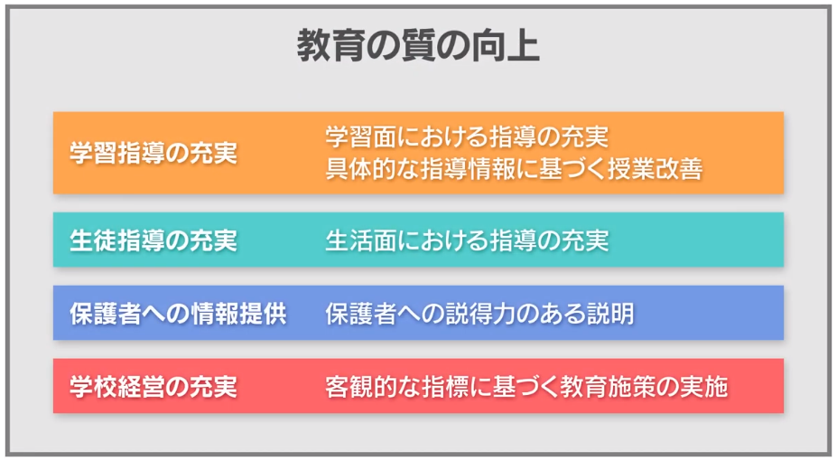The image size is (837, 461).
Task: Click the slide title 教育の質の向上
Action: tap(418, 46)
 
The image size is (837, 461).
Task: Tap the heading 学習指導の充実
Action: tap(153, 154)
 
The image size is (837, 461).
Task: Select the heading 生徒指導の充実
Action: tap(153, 240)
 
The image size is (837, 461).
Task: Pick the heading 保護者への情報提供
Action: tap(178, 314)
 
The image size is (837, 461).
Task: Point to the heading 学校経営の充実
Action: tap(153, 387)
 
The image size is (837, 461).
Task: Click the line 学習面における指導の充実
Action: tap(467, 136)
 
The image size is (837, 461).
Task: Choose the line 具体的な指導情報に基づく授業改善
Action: tap(514, 169)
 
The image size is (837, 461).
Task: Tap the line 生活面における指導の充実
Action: tap(467, 240)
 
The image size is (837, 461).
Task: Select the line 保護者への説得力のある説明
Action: tap(479, 314)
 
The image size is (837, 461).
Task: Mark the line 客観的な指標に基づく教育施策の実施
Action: tap(526, 387)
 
